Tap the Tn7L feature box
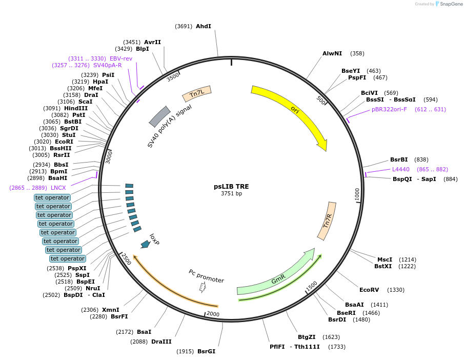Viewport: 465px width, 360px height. point(197,94)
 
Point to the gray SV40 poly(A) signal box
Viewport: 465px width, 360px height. point(159,117)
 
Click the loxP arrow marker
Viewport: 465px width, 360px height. point(145,244)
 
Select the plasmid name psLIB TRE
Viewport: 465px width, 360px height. point(231,187)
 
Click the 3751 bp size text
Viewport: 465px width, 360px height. point(231,194)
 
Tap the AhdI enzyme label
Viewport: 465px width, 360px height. point(204,26)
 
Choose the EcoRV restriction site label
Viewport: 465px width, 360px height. point(369,290)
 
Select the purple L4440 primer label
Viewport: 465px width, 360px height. point(401,169)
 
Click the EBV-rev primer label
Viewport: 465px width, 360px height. point(121,58)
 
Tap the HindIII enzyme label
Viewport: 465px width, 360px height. point(76,108)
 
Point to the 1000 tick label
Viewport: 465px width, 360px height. point(357,194)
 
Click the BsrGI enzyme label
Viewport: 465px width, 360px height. point(206,351)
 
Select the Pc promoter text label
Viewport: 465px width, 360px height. point(206,276)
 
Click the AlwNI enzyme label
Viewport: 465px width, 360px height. point(332,53)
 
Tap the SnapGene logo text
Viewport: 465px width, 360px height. point(449,4)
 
